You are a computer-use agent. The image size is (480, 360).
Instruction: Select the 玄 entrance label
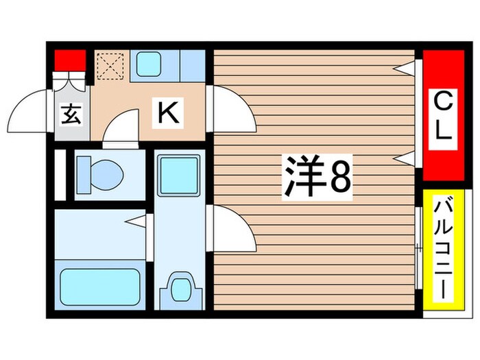pyautogui.click(x=72, y=114)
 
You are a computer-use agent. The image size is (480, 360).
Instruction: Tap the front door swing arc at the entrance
pyautogui.click(x=30, y=110)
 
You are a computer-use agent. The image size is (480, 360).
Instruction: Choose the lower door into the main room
pyautogui.click(x=232, y=230)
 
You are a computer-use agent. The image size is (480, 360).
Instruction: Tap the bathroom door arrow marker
pyautogui.click(x=138, y=221)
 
